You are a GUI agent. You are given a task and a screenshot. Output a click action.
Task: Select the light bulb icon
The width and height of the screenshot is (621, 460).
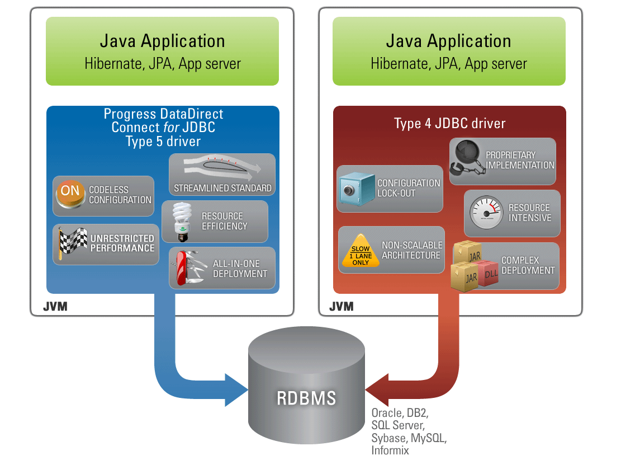point(182,221)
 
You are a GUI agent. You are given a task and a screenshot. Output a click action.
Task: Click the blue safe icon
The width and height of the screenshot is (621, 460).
point(355,189)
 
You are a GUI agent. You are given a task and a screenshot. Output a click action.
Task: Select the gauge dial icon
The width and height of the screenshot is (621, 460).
point(485,213)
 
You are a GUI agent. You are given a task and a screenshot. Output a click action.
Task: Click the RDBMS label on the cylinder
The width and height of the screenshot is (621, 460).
point(307,398)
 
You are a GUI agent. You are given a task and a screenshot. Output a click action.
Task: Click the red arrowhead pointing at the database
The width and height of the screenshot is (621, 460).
point(379,389)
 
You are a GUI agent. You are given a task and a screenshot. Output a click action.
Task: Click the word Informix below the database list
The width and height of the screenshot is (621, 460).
point(390,450)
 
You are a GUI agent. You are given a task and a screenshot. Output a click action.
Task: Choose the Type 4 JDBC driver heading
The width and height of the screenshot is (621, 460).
point(449,123)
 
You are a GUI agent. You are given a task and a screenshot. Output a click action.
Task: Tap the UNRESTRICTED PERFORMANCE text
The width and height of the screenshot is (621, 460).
point(122,243)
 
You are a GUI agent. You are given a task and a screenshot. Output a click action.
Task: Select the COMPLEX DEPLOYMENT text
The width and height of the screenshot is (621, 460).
point(528,265)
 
